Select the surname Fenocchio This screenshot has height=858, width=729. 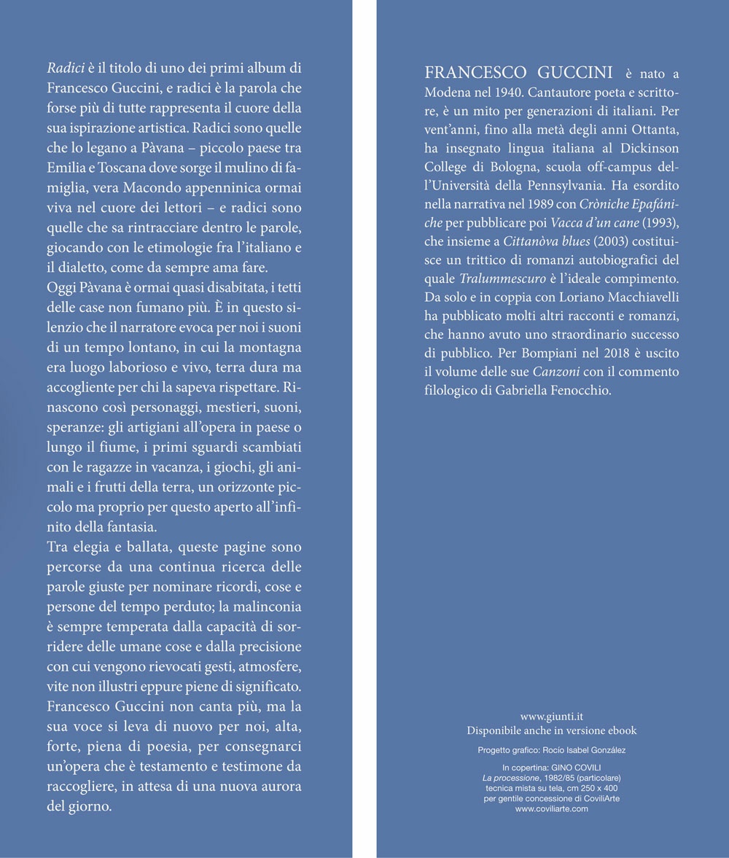[580, 390]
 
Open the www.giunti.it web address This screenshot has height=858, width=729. [551, 717]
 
